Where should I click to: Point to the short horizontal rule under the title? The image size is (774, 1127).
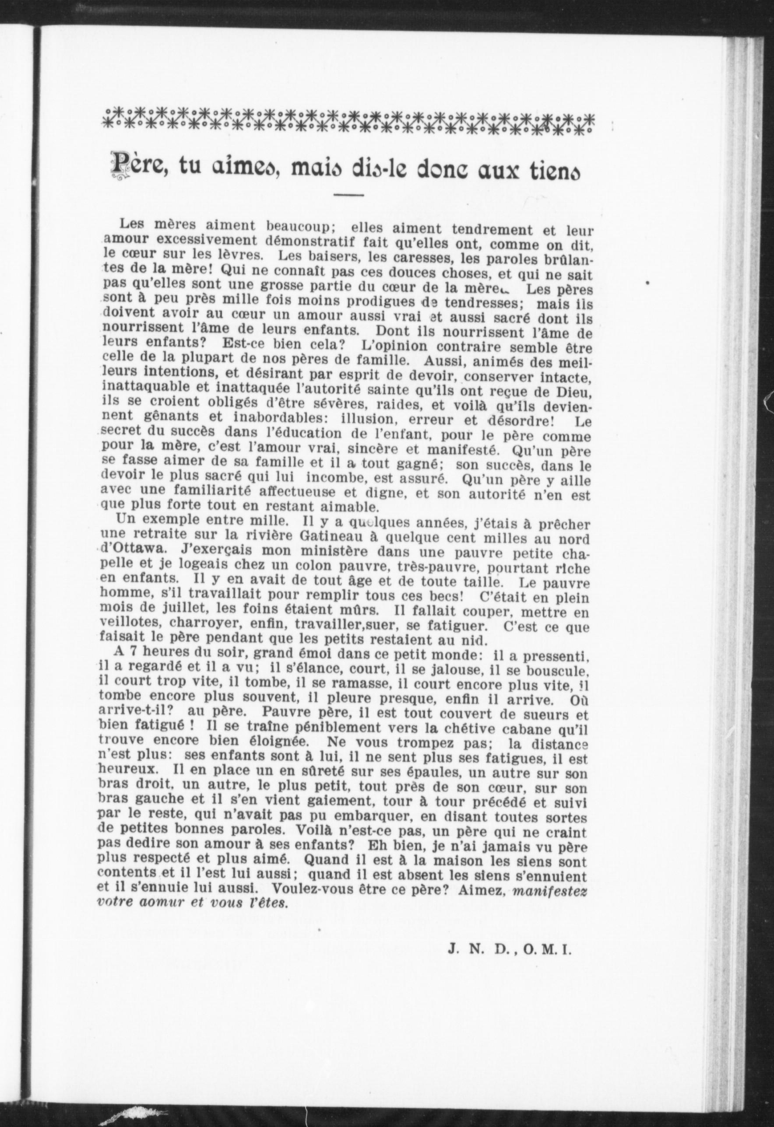[x=349, y=196]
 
